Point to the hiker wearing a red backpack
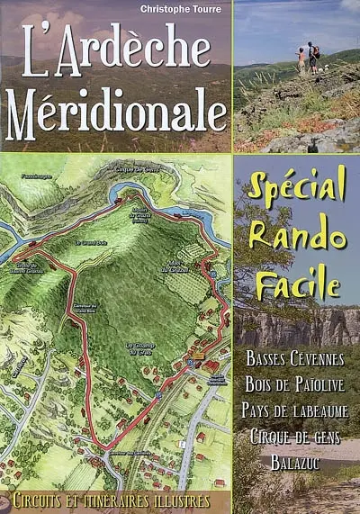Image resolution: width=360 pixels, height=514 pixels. tap(312, 56)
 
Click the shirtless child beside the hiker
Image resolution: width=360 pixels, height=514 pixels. tap(301, 60)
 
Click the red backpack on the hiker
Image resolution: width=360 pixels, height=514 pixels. tap(316, 52)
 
